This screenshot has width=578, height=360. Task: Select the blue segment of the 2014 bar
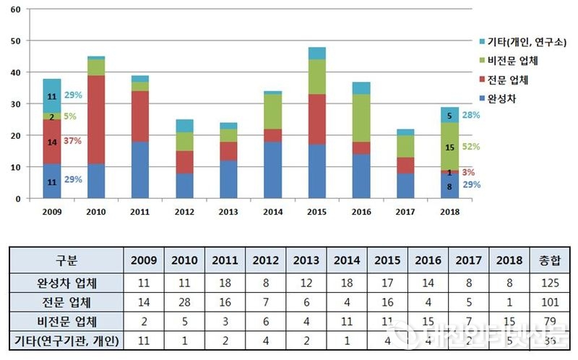272,170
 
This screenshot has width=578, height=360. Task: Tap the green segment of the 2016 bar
361,118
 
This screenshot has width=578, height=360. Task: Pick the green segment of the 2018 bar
449,146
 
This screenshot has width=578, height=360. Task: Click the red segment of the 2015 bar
316,119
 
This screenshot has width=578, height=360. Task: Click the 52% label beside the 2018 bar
471,147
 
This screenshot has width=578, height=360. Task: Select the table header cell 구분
66,260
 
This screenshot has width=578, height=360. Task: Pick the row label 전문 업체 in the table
66,301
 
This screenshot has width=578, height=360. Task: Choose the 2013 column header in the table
306,260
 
